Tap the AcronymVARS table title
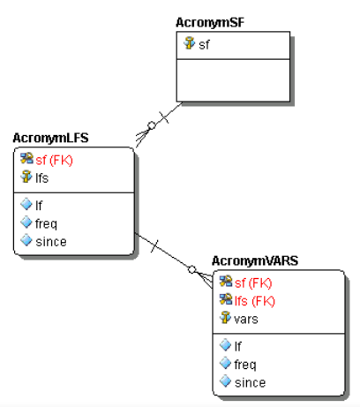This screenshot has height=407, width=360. coord(255,261)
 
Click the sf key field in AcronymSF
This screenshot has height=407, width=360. coord(204,43)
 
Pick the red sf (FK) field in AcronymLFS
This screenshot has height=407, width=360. coord(55,160)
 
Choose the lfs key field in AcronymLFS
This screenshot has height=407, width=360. coord(41,177)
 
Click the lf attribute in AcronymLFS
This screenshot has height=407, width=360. coord(39,205)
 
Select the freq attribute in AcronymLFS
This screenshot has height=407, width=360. coord(46,222)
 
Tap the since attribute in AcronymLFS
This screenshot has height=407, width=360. coord(50,240)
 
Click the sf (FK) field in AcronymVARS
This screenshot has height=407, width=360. coord(253,283)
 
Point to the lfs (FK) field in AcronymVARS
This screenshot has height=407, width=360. coord(256,300)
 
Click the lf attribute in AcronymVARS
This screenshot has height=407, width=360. coord(237,346)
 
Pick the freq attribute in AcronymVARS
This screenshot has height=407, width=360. coord(244,364)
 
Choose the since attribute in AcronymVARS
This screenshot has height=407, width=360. coord(249,381)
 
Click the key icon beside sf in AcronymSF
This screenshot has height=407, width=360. coord(189,43)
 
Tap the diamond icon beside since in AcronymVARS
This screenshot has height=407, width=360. coord(225,381)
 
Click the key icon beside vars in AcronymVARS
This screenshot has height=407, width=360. coord(225,318)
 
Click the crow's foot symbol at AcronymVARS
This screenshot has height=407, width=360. coord(206,275)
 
